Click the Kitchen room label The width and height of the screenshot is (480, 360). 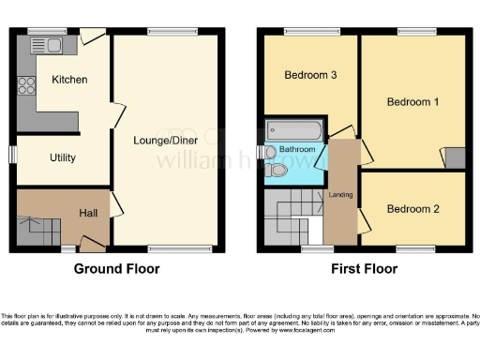[x=69, y=80]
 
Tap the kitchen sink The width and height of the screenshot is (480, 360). [x=49, y=45]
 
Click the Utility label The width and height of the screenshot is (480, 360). [x=63, y=157]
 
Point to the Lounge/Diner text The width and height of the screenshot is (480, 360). [x=166, y=141]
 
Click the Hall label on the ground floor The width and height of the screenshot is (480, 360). [x=89, y=214]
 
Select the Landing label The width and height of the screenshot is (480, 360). [x=340, y=195]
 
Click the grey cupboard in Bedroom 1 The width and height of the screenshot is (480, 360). [x=453, y=157]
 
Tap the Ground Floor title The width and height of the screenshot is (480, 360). [x=116, y=269]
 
